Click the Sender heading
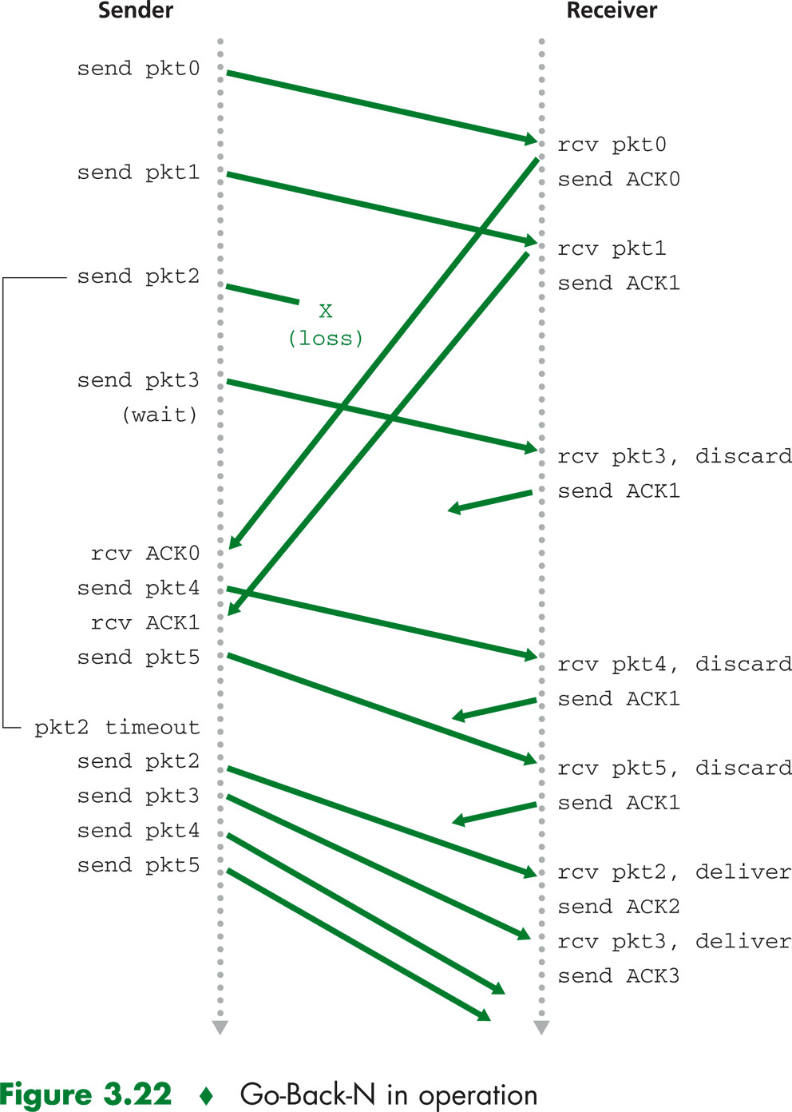[135, 11]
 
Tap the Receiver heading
[612, 11]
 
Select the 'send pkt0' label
[138, 69]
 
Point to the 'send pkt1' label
[138, 173]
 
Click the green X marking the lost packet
[325, 312]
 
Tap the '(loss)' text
[325, 339]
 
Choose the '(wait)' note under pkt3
[160, 415]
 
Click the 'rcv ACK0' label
[145, 554]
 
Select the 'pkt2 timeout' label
[117, 728]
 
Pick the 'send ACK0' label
[619, 180]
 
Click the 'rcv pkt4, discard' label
[675, 665]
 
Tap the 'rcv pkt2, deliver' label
[675, 872]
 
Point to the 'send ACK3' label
[619, 976]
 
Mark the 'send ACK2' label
[619, 907]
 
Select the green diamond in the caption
[206, 1096]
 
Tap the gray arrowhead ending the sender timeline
[220, 1027]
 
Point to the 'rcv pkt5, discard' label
[675, 768]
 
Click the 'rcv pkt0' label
[612, 145]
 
